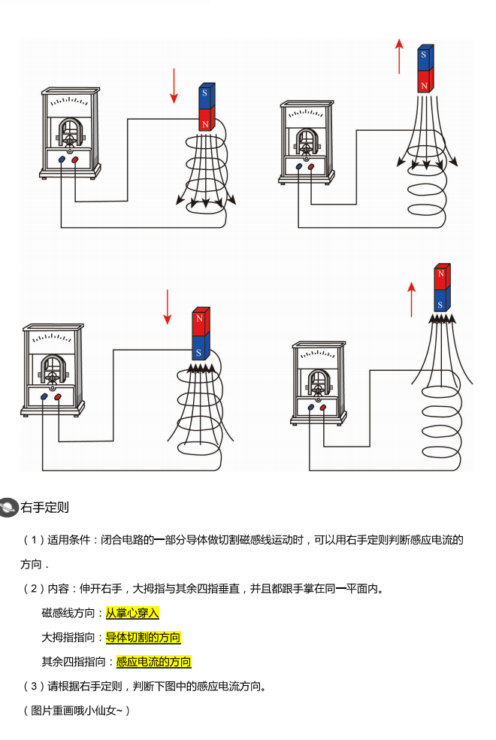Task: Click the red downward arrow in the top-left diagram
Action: pyautogui.click(x=174, y=86)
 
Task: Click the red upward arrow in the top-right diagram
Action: pyautogui.click(x=400, y=56)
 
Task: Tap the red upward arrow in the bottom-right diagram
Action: pyautogui.click(x=411, y=299)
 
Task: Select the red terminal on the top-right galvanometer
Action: pyautogui.click(x=311, y=166)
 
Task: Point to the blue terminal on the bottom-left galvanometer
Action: pyautogui.click(x=44, y=396)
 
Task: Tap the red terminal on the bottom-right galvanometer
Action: pyautogui.click(x=323, y=408)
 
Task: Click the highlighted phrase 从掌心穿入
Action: pyautogui.click(x=132, y=613)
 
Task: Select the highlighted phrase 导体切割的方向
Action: pyautogui.click(x=143, y=638)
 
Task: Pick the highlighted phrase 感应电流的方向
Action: pyautogui.click(x=153, y=662)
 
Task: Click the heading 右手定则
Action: pyautogui.click(x=45, y=507)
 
